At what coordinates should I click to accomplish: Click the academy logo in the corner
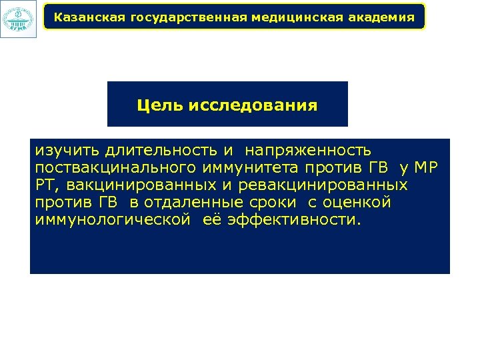pos(18,18)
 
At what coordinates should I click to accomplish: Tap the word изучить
pos(65,151)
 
